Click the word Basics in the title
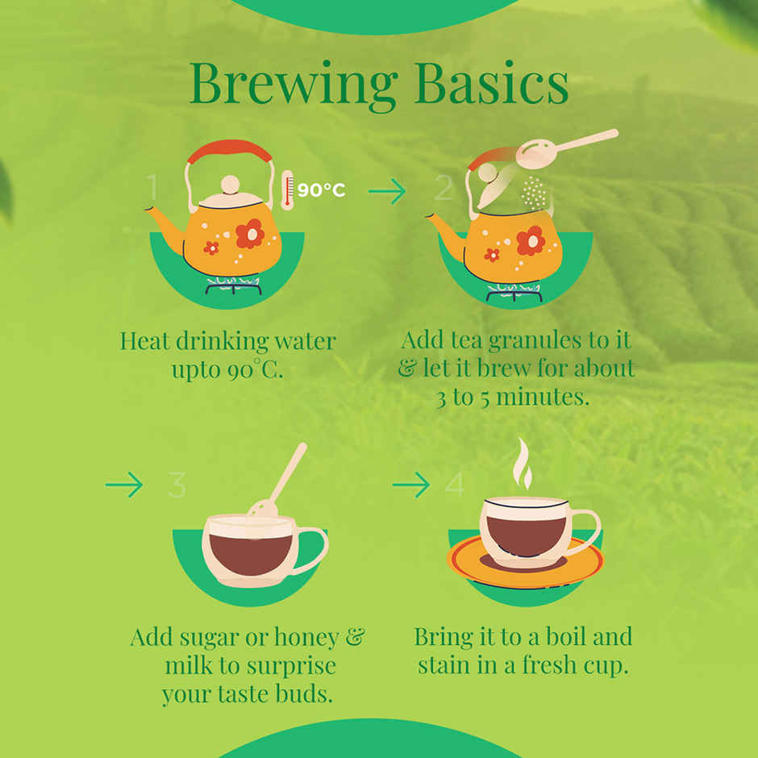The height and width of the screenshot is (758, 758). pos(491,82)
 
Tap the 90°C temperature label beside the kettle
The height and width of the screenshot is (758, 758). pos(321,190)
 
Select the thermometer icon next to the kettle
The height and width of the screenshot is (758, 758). pos(288,189)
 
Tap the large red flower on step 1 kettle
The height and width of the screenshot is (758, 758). pos(250,234)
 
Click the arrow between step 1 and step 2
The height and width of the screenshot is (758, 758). pos(387,191)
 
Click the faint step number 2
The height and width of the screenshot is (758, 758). pos(444,188)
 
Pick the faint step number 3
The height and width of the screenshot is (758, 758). pos(177,485)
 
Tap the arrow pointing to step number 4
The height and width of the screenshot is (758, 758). pos(411,485)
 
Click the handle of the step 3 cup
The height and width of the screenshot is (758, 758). pos(312,551)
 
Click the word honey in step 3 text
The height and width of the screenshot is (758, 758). pos(306,639)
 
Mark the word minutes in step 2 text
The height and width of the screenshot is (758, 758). pos(543,398)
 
